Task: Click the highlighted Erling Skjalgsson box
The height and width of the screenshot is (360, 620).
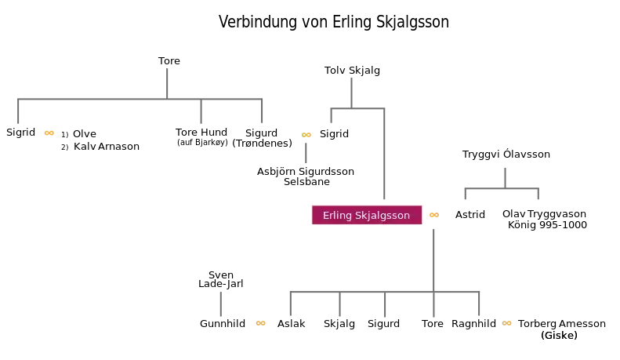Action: [367, 215]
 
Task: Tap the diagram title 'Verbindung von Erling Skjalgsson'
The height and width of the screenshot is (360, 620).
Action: [334, 22]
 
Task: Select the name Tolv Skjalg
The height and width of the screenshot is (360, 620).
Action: [352, 71]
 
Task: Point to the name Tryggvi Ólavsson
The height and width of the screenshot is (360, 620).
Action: [506, 155]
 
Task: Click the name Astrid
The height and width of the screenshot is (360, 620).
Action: [470, 214]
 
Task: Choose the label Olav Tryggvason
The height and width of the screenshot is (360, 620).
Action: [544, 214]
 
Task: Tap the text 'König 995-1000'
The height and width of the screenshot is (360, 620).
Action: [547, 224]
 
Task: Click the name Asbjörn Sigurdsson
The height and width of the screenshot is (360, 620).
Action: [306, 172]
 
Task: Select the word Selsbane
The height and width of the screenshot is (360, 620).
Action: [306, 182]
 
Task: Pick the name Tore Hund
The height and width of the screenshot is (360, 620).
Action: [201, 132]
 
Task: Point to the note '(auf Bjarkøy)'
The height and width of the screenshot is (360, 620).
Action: [202, 143]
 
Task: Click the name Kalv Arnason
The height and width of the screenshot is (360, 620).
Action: [107, 147]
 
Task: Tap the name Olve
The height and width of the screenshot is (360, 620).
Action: [85, 133]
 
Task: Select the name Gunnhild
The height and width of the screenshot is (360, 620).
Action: [223, 324]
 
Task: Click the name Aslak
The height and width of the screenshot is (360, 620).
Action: [291, 324]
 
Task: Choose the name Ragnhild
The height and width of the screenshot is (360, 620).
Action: [473, 324]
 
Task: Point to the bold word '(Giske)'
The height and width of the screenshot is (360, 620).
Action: [559, 336]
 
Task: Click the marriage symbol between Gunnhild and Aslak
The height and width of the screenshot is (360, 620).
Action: [260, 323]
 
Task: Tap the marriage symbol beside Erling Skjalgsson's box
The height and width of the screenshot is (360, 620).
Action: [434, 215]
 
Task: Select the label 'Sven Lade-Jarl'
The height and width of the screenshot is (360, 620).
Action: [220, 279]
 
